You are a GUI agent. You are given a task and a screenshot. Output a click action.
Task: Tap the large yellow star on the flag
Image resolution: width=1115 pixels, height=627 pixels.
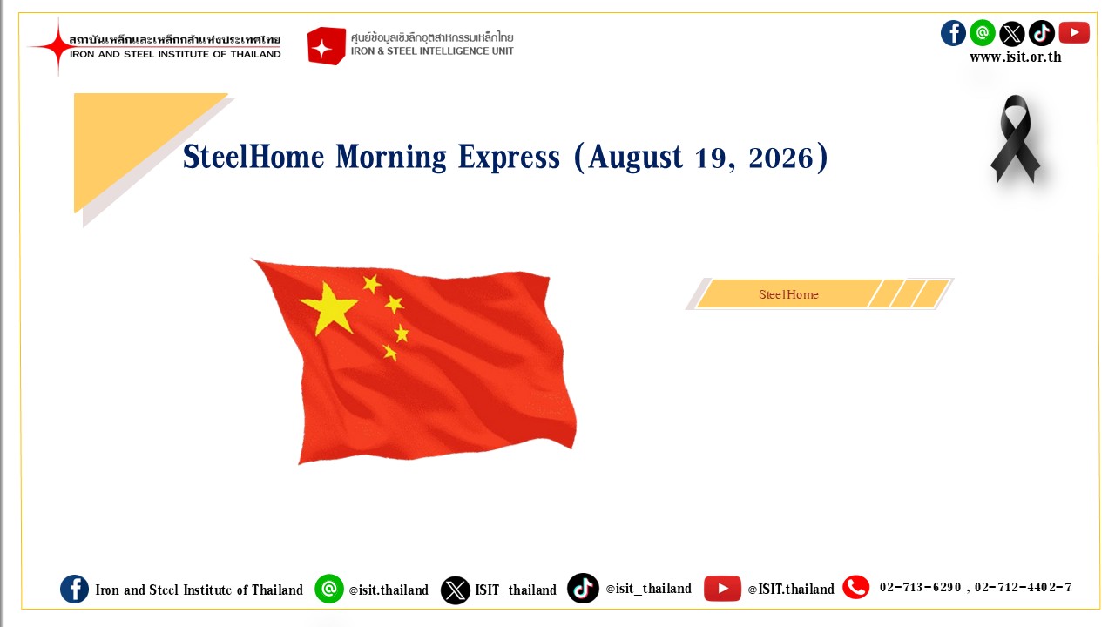pos(328,308)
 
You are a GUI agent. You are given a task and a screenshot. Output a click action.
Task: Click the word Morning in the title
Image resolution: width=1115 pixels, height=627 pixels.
pos(391,158)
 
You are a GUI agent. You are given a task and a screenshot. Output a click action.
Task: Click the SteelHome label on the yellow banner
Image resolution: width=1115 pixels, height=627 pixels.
pos(788,294)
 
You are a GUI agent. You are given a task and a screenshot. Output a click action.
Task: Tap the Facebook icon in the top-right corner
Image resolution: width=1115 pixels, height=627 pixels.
pos(953,33)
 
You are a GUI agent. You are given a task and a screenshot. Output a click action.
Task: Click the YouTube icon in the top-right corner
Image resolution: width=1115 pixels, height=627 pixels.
pos(1074,33)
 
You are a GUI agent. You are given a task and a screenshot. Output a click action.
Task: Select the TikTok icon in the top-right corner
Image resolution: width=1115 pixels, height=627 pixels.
pos(1042,33)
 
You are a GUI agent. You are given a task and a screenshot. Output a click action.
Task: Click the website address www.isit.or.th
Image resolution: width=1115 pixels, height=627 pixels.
pos(1016,57)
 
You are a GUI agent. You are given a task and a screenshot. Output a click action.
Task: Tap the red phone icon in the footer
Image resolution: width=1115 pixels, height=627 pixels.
pos(856,587)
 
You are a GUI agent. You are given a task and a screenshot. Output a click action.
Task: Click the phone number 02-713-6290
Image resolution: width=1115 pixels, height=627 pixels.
pos(920,588)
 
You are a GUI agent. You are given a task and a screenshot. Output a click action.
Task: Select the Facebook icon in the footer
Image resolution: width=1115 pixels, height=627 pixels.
pos(75,590)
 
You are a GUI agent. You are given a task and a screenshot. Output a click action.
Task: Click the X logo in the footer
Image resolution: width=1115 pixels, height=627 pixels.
pos(456,590)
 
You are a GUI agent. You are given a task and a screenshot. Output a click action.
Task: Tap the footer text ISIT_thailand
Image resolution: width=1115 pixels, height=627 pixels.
pos(516,590)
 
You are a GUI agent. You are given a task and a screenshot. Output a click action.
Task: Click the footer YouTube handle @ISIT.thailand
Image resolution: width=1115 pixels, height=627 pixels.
pos(791,590)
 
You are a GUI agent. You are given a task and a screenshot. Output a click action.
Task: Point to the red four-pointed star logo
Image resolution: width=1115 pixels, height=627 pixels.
pos(58,46)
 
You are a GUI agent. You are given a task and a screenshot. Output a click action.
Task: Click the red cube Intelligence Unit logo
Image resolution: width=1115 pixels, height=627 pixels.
pos(327,46)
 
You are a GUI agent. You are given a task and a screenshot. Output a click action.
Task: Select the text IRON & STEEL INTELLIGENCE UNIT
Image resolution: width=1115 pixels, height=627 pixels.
pos(432,51)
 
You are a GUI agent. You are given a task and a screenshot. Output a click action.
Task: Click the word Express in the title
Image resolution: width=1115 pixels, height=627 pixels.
pos(509,158)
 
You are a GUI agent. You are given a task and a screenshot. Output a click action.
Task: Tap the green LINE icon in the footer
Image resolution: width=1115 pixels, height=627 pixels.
pos(329,589)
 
